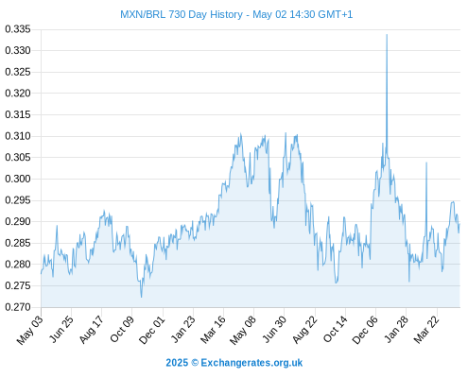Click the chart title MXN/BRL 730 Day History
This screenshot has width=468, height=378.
[x=182, y=14]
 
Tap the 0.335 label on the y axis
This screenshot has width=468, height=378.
[x=18, y=29]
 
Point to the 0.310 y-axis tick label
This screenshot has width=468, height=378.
[x=18, y=136]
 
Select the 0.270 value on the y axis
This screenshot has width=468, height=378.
[x=18, y=307]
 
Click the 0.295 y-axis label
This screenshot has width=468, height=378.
[x=18, y=200]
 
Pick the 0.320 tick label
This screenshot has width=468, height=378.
[x=18, y=94]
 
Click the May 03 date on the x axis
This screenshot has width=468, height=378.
[x=30, y=329]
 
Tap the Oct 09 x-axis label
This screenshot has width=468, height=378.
[x=122, y=329]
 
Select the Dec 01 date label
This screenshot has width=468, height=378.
[x=152, y=329]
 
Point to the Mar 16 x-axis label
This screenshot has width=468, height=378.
[x=213, y=329]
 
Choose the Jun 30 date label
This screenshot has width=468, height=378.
[x=274, y=329]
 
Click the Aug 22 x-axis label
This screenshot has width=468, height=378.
[x=304, y=329]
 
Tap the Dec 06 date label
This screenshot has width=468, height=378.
[x=365, y=329]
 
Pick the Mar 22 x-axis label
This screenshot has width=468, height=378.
[x=426, y=329]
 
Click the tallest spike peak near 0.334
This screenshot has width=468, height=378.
[x=387, y=35]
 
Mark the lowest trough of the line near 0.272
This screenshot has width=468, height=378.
[x=141, y=297]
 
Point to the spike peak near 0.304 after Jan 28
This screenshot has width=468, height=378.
[x=426, y=163]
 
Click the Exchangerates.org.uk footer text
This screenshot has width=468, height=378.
[x=251, y=363]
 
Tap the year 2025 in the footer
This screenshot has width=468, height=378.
[x=177, y=363]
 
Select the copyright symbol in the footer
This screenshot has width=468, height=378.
[x=195, y=363]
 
